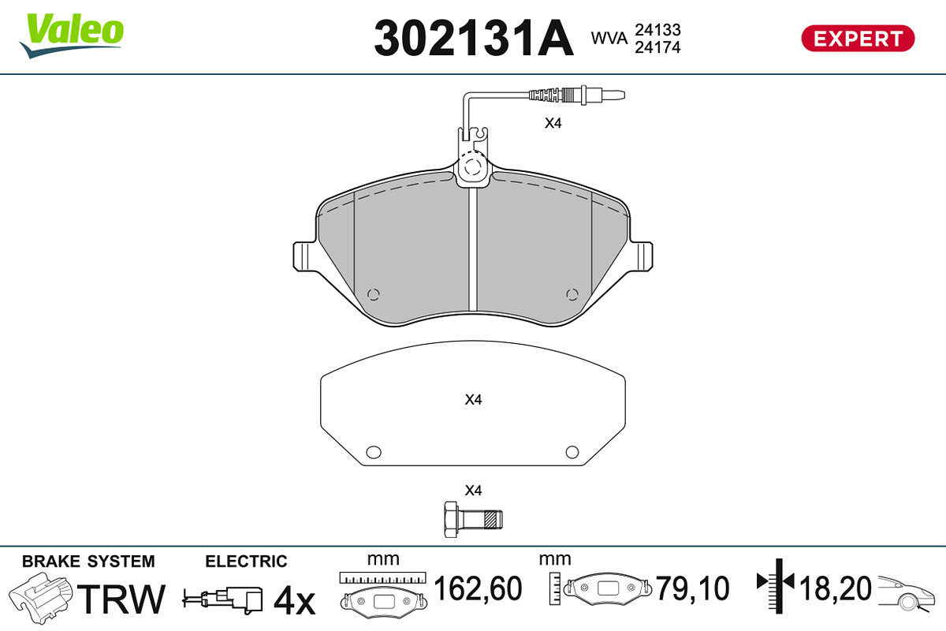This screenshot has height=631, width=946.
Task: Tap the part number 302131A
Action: click(474, 38)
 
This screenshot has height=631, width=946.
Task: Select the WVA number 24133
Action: click(657, 30)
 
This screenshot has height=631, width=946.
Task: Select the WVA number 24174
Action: click(657, 47)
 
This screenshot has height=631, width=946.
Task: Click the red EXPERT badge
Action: click(858, 39)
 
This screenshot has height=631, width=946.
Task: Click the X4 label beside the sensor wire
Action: click(553, 123)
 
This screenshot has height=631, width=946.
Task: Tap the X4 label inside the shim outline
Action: click(473, 399)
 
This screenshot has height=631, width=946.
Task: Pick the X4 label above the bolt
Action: click(473, 491)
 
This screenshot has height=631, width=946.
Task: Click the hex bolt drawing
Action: click(473, 520)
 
